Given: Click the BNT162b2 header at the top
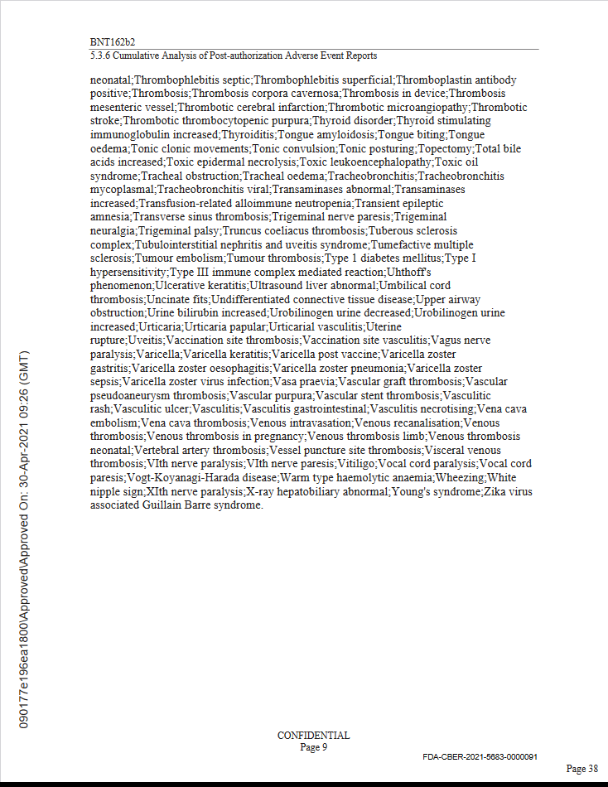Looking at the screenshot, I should coord(112,41).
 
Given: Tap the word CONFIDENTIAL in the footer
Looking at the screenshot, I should coord(313,735).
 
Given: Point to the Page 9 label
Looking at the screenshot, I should coord(313,746).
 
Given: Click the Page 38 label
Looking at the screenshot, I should coord(581,769).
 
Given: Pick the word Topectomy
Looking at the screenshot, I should coord(447,148).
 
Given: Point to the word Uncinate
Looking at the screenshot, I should coord(169,299).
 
